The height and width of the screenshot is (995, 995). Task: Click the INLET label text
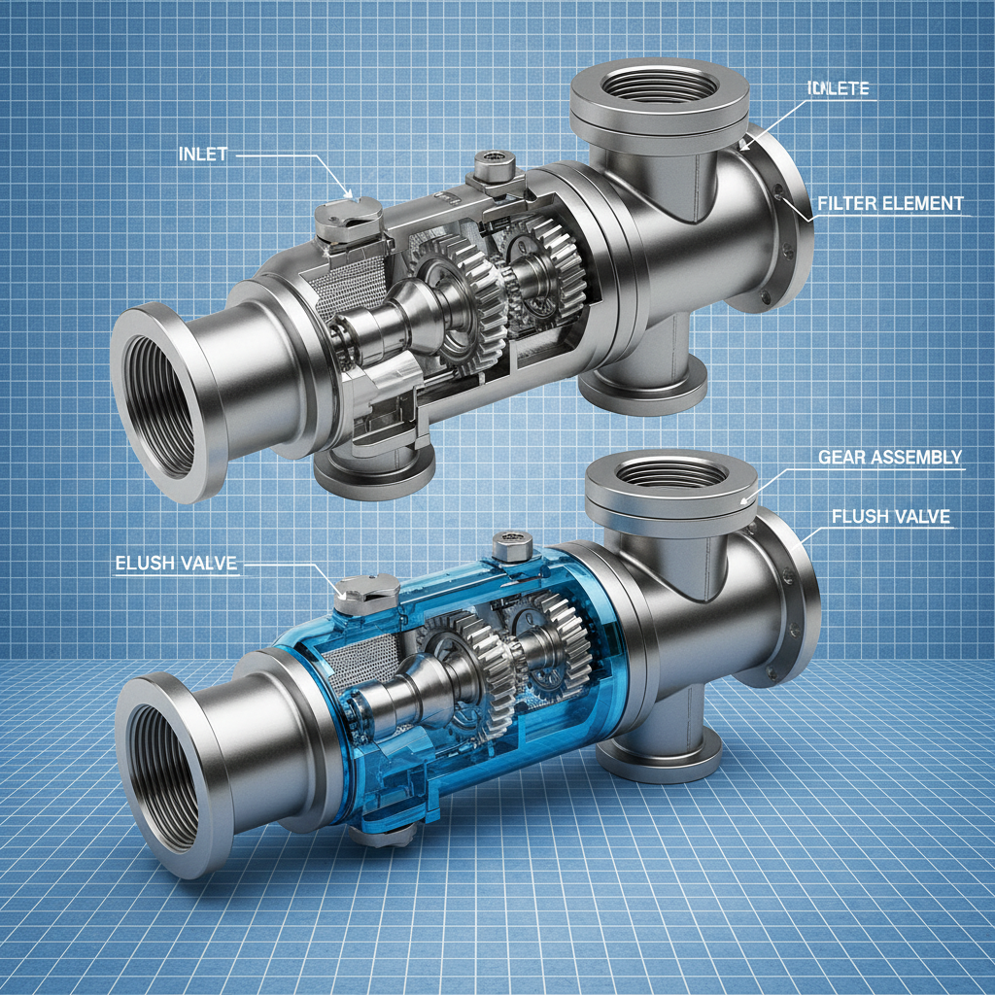(x=202, y=154)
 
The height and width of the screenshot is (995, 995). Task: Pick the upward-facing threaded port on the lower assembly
(x=669, y=473)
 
